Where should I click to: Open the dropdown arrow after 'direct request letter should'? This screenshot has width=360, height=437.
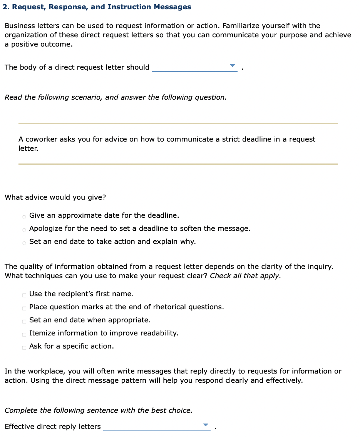coord(232,66)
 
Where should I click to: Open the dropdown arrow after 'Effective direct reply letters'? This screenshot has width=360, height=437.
coord(205,425)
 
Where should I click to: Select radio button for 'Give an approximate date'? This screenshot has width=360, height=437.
coord(24,216)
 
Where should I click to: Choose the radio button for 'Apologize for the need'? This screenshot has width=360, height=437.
coord(24,229)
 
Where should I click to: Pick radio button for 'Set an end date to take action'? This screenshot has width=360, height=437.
coord(24,242)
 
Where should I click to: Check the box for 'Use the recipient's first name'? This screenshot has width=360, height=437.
coord(24,295)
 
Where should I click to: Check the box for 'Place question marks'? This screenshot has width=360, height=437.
coord(24,308)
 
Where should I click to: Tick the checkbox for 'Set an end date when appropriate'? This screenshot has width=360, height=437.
coord(24,321)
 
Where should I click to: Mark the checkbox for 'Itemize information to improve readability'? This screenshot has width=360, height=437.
coord(24,334)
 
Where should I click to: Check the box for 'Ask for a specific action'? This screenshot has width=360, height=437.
coord(24,347)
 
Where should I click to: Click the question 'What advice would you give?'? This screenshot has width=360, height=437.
coord(55,197)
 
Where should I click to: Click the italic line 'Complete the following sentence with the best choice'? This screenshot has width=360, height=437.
coord(98,410)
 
